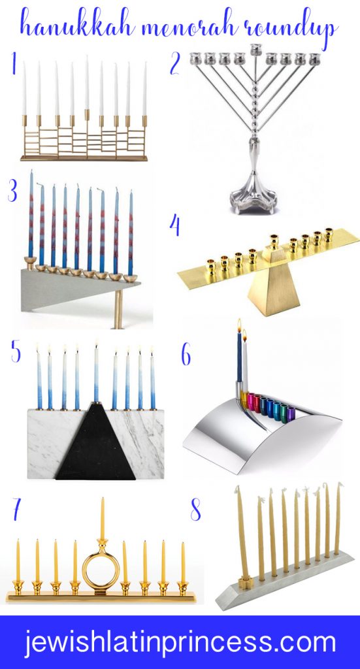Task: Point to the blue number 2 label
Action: pos(174,63)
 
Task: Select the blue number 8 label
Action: pos(195,510)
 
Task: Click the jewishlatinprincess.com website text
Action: pos(180,643)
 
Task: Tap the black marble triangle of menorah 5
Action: pos(97,444)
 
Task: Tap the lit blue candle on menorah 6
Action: pos(239,359)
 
